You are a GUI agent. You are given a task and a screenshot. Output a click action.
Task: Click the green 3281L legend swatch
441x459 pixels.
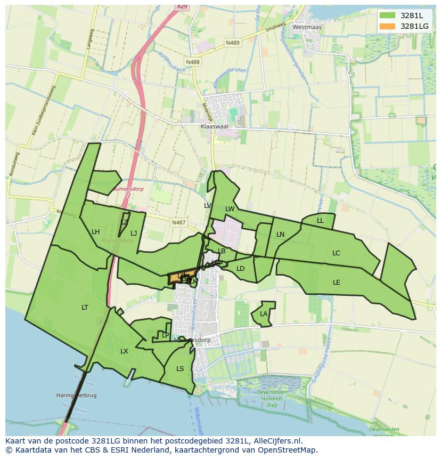(387, 15)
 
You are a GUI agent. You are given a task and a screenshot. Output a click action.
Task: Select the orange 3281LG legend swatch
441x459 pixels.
(387, 26)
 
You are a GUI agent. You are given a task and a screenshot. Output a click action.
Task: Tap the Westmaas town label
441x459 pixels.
(307, 27)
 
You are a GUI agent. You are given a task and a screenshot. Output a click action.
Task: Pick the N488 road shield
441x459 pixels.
(193, 62)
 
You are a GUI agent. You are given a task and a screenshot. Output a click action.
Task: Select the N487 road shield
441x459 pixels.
(178, 222)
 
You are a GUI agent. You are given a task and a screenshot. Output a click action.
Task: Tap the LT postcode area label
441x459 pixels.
(85, 308)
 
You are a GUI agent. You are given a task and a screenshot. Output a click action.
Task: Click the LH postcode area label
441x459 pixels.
(96, 232)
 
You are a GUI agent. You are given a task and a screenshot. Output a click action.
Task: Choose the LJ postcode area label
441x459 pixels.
(134, 233)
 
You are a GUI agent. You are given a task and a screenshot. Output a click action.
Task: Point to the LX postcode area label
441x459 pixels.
(124, 351)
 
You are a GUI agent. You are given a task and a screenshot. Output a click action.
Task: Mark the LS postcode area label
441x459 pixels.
(180, 369)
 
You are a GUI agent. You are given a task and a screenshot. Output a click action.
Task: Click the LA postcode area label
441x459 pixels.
(264, 314)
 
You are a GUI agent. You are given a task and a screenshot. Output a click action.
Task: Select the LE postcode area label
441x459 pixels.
(337, 283)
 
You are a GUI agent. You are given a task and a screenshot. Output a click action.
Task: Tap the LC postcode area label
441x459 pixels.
(336, 253)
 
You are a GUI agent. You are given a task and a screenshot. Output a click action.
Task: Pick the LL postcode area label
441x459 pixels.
(320, 221)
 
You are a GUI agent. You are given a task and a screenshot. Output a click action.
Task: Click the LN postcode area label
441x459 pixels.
(281, 235)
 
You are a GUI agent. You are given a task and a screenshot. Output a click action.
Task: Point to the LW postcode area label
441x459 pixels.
(230, 209)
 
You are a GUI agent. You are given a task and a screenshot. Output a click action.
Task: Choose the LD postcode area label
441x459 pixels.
(240, 269)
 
